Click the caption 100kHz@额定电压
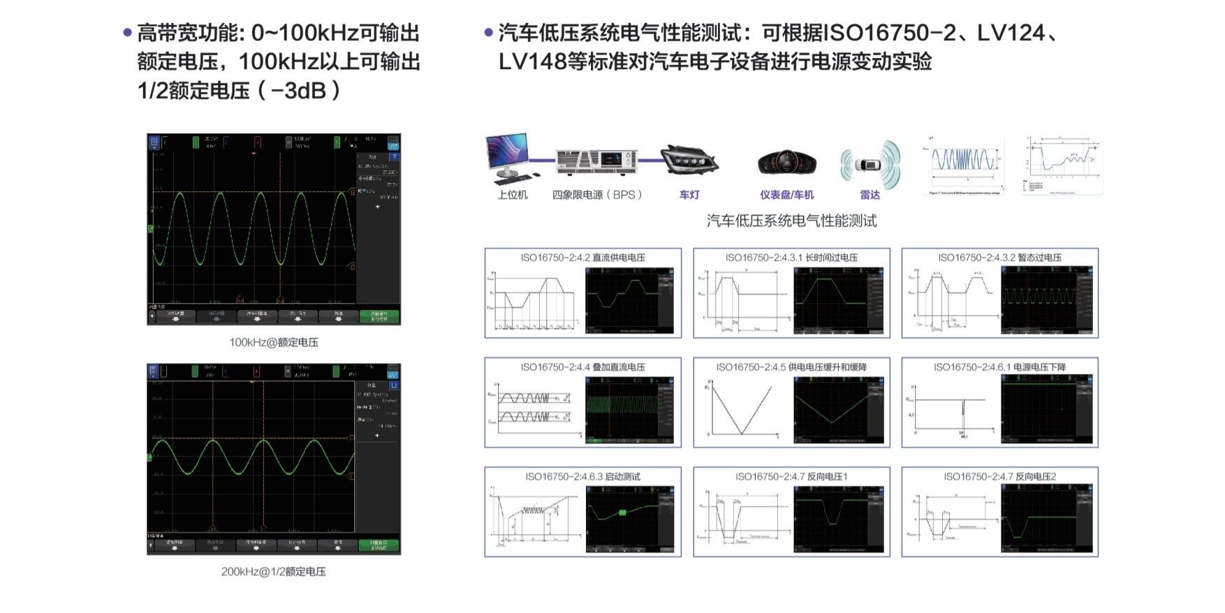[x=274, y=342]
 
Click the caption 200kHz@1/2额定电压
[x=274, y=571]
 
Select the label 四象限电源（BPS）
[x=597, y=195]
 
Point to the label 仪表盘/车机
[x=787, y=195]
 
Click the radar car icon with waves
[x=870, y=165]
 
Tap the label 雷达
[x=870, y=195]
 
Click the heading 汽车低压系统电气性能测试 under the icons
[x=791, y=221]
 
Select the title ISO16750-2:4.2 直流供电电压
[x=582, y=258]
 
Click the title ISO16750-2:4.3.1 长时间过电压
[x=791, y=258]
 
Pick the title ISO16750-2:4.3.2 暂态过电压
[x=999, y=258]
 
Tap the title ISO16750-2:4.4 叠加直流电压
[x=582, y=367]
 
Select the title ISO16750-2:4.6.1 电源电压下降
[x=999, y=367]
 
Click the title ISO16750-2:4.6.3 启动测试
[x=582, y=477]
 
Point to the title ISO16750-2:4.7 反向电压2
[x=999, y=477]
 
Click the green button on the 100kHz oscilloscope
[x=379, y=316]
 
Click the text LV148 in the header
[x=531, y=62]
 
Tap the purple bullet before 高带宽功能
[x=127, y=33]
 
